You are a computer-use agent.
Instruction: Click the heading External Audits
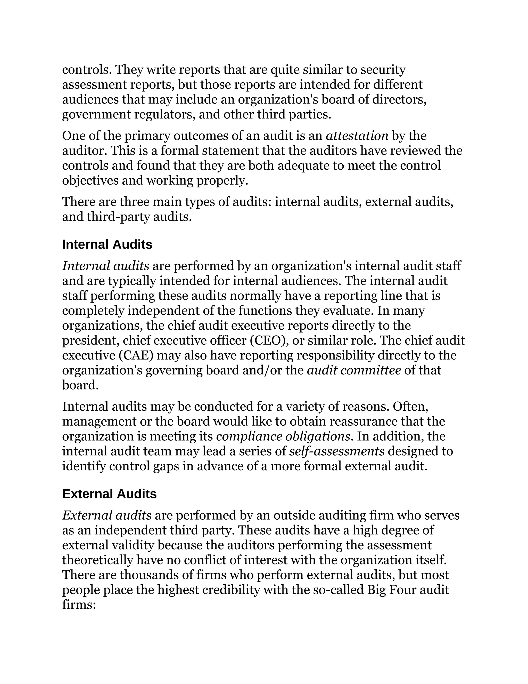[x=109, y=494]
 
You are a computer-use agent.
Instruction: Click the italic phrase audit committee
[x=354, y=370]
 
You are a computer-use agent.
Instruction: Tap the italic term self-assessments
[x=336, y=451]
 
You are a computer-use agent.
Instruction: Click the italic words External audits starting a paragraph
[x=107, y=515]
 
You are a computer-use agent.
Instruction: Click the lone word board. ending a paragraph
[x=80, y=385]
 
